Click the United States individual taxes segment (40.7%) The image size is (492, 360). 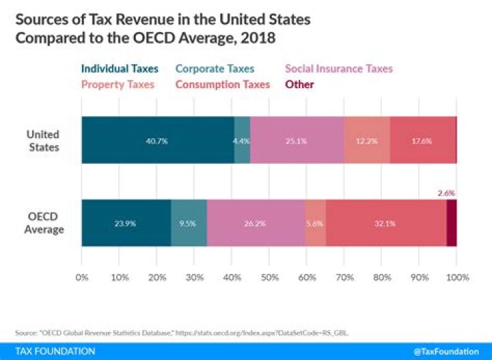(x=157, y=140)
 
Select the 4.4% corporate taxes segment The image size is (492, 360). (x=242, y=140)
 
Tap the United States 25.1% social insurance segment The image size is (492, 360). (x=297, y=140)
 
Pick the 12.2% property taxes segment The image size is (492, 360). (x=367, y=140)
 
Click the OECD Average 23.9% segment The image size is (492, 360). (x=126, y=223)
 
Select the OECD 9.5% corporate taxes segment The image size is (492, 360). (x=189, y=223)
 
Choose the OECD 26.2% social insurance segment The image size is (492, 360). (x=256, y=223)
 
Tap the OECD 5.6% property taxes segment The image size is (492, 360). (x=315, y=223)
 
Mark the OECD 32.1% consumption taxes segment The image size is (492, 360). (x=386, y=223)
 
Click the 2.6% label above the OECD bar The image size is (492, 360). (x=447, y=193)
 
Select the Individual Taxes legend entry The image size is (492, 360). (x=120, y=68)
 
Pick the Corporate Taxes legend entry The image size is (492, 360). (x=214, y=68)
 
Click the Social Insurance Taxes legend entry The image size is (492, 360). (x=339, y=68)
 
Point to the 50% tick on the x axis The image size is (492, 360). (x=269, y=278)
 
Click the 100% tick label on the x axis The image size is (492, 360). (x=456, y=278)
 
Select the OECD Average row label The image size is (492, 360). (x=44, y=223)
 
